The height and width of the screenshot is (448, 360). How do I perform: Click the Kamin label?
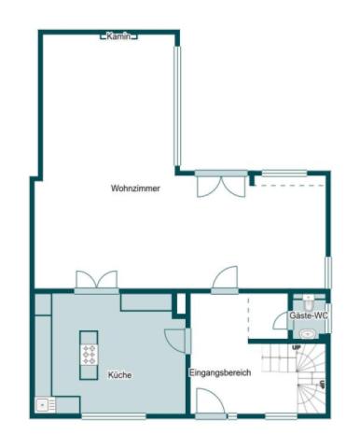pyautogui.click(x=119, y=36)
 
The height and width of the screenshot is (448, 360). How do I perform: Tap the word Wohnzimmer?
pyautogui.click(x=135, y=189)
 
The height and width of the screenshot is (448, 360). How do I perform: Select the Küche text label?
pyautogui.click(x=119, y=375)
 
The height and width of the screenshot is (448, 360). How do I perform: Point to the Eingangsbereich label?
pyautogui.click(x=220, y=373)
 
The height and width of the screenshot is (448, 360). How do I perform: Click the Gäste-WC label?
pyautogui.click(x=309, y=316)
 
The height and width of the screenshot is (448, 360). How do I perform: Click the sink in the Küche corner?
pyautogui.click(x=43, y=405)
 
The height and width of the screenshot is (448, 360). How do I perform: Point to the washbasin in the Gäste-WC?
pyautogui.click(x=309, y=330)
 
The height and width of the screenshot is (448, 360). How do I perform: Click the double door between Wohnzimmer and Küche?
pyautogui.click(x=97, y=283)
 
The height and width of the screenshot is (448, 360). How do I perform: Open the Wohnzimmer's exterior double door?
pyautogui.click(x=221, y=183)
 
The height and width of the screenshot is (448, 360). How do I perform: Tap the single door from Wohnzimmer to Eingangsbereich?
pyautogui.click(x=225, y=280)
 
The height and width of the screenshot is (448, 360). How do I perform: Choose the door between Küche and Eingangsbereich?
pyautogui.click(x=176, y=342)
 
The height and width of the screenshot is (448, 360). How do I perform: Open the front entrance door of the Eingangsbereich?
pyautogui.click(x=210, y=403)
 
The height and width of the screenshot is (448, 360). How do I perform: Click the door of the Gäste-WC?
pyautogui.click(x=281, y=320)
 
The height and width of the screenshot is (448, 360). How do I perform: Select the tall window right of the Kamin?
pyautogui.click(x=175, y=105)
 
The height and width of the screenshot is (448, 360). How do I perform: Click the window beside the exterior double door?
pyautogui.click(x=284, y=173)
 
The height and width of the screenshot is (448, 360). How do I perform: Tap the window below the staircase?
pyautogui.click(x=280, y=415)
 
